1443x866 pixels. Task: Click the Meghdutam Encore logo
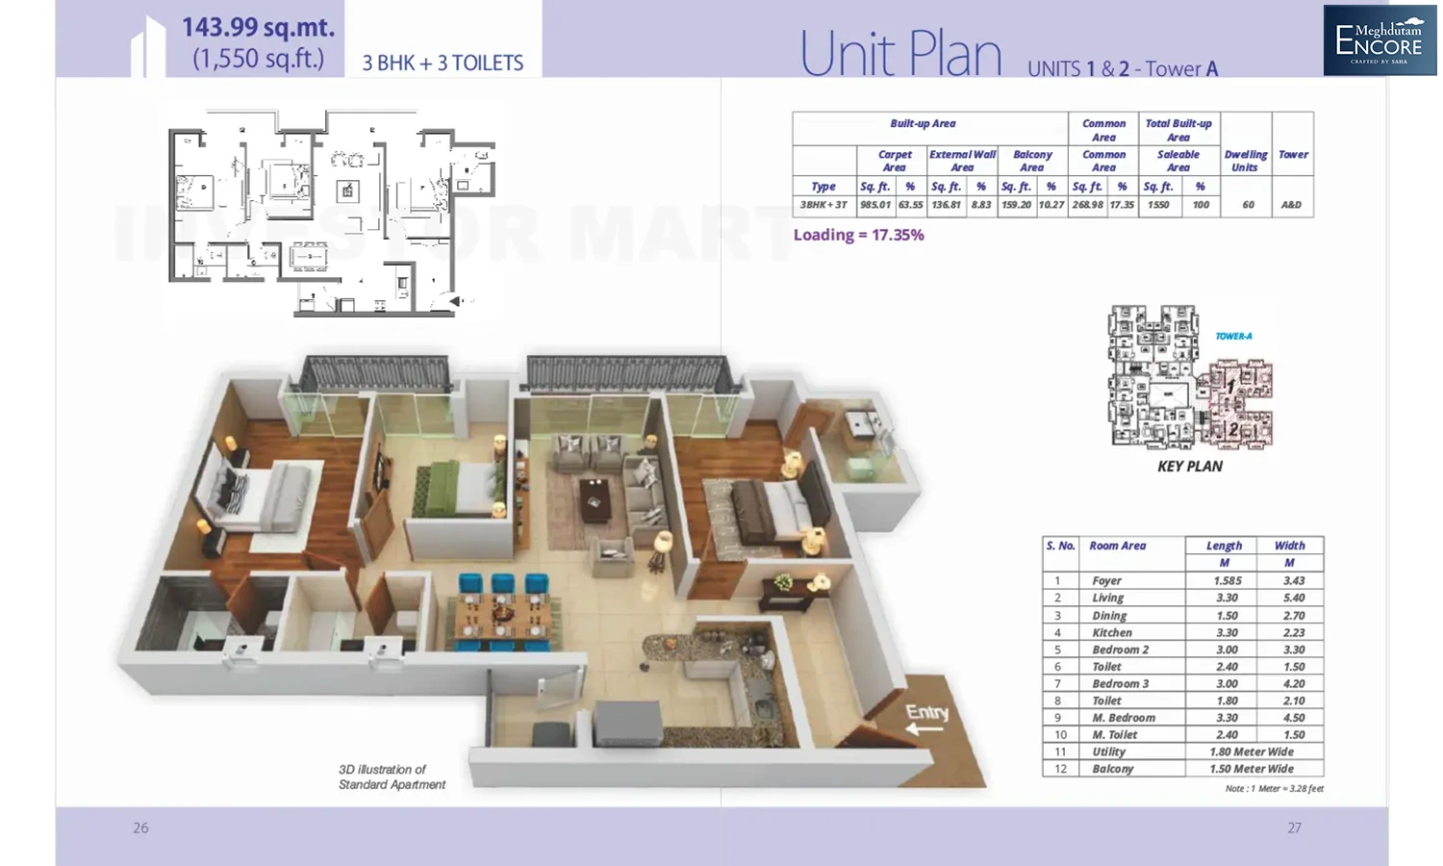pyautogui.click(x=1379, y=40)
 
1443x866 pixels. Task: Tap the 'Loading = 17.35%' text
pyautogui.click(x=858, y=235)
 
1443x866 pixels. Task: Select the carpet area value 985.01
pyautogui.click(x=875, y=205)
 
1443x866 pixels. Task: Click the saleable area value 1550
pyautogui.click(x=1158, y=205)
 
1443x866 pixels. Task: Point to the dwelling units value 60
pyautogui.click(x=1248, y=205)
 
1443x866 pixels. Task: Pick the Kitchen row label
pyautogui.click(x=1112, y=633)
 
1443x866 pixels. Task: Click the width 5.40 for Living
pyautogui.click(x=1294, y=599)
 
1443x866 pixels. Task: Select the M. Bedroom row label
pyautogui.click(x=1124, y=718)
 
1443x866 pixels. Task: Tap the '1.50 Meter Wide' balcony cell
pyautogui.click(x=1252, y=769)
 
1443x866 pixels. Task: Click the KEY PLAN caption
pyautogui.click(x=1190, y=467)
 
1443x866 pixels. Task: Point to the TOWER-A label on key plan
pyautogui.click(x=1233, y=337)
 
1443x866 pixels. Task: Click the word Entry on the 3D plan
pyautogui.click(x=926, y=712)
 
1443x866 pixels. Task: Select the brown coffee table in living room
pyautogui.click(x=595, y=498)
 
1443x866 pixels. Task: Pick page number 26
pyautogui.click(x=140, y=828)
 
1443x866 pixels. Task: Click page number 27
pyautogui.click(x=1295, y=828)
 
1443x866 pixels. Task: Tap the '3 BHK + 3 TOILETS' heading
pyautogui.click(x=443, y=64)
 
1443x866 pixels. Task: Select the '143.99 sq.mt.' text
pyautogui.click(x=258, y=27)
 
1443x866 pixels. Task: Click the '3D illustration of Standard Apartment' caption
pyautogui.click(x=392, y=777)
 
